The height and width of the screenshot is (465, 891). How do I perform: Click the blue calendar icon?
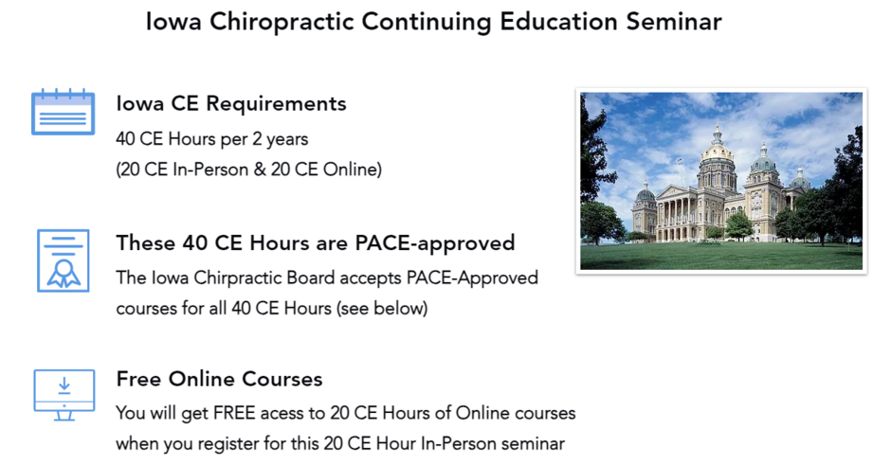[64, 112]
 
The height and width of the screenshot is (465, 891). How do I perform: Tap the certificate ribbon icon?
[64, 260]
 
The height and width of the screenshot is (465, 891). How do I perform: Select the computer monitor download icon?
[64, 395]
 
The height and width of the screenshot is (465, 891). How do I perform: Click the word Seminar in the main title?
[674, 22]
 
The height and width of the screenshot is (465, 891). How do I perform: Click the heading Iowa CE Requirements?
[231, 104]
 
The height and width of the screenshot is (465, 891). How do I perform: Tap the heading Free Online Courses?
[219, 379]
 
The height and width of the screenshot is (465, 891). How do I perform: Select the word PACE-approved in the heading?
[435, 243]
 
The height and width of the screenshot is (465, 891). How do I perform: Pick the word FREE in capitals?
[234, 413]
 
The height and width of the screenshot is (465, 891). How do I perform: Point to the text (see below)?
[382, 309]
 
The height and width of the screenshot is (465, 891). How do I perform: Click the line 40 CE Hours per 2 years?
[212, 139]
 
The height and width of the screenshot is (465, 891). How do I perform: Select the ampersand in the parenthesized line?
[259, 170]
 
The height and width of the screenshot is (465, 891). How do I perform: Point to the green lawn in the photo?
[721, 256]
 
